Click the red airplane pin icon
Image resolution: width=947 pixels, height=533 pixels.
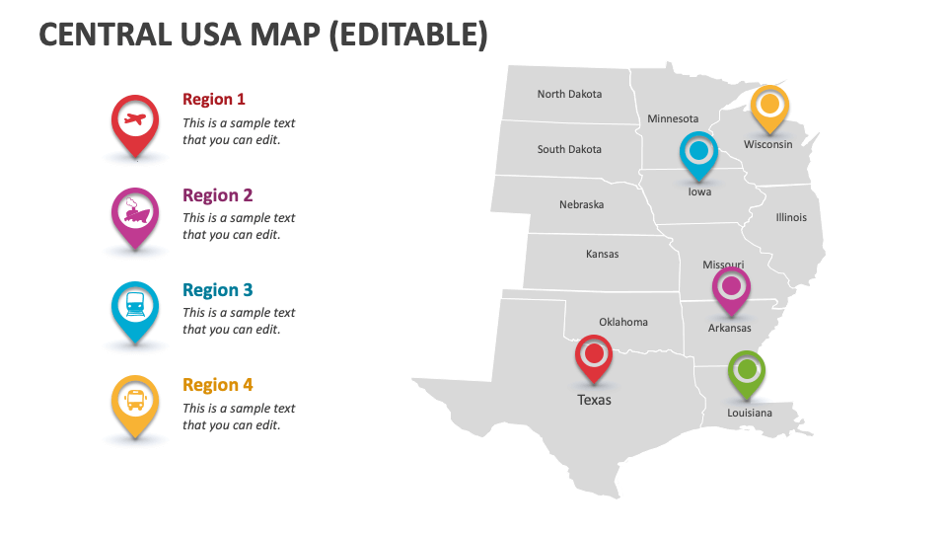(134, 121)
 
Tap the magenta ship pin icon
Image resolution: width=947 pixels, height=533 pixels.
(134, 214)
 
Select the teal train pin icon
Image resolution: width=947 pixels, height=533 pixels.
(134, 307)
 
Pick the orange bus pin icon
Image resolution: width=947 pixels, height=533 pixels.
(134, 401)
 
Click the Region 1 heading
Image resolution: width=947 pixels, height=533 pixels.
(214, 99)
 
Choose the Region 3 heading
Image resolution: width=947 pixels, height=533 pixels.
(218, 290)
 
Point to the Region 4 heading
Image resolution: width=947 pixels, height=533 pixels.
(218, 385)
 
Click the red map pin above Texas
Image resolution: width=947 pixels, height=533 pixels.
(594, 355)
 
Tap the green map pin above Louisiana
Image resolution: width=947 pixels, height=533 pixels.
(747, 372)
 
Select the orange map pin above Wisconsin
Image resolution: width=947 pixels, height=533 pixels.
(769, 106)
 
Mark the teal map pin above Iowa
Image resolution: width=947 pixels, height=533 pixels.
(698, 153)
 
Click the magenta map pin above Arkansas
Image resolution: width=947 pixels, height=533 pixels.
(731, 288)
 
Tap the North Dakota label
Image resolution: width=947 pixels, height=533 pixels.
(569, 95)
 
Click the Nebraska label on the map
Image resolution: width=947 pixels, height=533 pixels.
(582, 205)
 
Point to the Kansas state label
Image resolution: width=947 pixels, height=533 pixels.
(603, 255)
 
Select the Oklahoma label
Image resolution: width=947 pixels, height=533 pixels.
(623, 322)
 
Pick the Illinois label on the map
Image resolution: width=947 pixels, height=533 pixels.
(791, 217)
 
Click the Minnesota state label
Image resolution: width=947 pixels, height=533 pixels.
(673, 119)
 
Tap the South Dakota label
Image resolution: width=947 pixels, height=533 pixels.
(569, 150)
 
